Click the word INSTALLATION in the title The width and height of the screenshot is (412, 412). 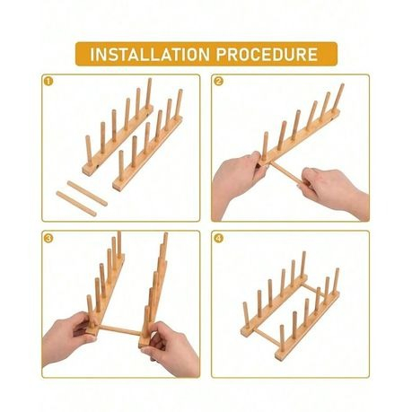150,54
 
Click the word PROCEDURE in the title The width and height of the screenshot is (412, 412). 267,54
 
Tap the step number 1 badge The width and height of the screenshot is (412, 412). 48,82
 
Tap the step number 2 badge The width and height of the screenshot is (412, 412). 219,82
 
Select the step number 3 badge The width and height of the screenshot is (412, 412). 48,239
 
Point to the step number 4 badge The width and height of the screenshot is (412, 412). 219,239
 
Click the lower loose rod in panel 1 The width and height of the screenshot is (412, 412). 76,204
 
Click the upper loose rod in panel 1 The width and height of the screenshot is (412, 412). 87,193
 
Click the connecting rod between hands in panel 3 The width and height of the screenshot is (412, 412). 119,330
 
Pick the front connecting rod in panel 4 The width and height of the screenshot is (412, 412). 268,338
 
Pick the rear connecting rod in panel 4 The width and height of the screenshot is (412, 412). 313,288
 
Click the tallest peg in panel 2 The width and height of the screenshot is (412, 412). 338,99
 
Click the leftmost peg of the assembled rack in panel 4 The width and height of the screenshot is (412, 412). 246,318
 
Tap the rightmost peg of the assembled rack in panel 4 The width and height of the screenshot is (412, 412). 336,281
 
